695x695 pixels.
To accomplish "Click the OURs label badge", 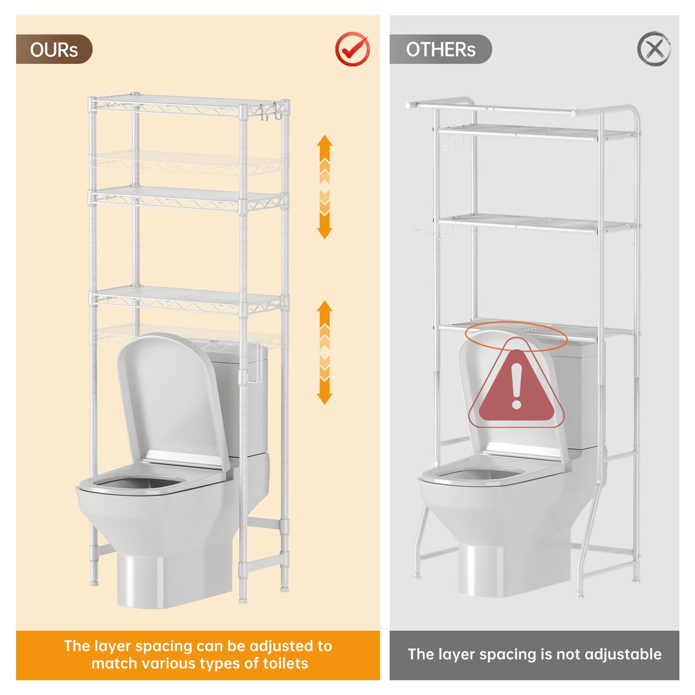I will click(54, 49).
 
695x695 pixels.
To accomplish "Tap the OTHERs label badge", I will click(440, 49).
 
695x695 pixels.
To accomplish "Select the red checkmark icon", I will click(352, 49).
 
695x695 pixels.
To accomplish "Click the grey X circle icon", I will click(654, 49).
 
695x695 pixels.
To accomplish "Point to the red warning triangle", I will click(516, 386).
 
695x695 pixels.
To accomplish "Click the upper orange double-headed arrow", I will click(325, 187).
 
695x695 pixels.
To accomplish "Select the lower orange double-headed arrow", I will click(325, 352).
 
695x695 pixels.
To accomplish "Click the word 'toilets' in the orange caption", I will click(285, 664).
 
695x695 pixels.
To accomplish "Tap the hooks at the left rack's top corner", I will click(269, 111).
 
